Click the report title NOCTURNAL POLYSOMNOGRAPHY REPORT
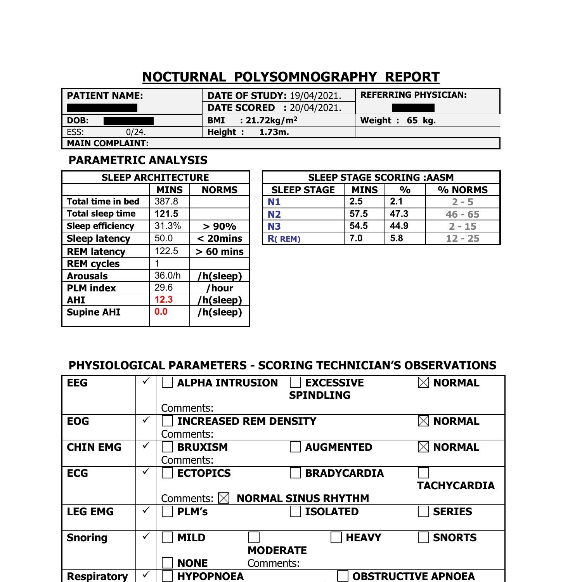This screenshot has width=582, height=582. coord(291,77)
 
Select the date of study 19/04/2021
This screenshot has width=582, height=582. coord(315,96)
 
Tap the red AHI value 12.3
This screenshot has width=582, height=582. coord(163,300)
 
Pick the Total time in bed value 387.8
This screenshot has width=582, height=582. coord(166,201)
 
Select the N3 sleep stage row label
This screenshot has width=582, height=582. coord(274,226)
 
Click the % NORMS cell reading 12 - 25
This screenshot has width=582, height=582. coord(462,238)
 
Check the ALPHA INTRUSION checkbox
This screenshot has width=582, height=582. coord(167,383)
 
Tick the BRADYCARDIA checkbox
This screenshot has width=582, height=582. coord(295,473)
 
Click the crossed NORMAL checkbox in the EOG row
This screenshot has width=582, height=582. coord(424,421)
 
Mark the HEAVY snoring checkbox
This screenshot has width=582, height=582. coord(336,537)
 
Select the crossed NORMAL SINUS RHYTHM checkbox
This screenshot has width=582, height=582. coord(224,498)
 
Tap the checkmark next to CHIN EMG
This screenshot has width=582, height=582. coord(146,446)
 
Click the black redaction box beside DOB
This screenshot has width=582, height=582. coord(128,121)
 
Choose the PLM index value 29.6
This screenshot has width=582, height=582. coord(163,288)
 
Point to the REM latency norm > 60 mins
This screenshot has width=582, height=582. coord(220,251)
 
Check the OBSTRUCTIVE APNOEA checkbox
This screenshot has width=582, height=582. coord(343,576)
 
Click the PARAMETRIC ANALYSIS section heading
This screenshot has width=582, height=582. coord(138,160)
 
